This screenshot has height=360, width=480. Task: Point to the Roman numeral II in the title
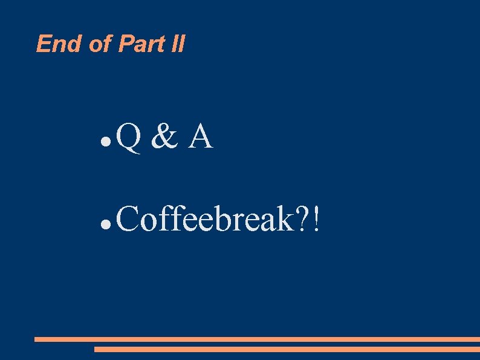pos(177,44)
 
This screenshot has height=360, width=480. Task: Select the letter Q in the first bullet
pos(128,137)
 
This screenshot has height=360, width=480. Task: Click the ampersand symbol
pos(164,137)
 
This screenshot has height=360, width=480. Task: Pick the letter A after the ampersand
pos(200,137)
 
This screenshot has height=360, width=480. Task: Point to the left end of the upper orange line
pos(36,339)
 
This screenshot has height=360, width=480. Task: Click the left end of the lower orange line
pos(96,349)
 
